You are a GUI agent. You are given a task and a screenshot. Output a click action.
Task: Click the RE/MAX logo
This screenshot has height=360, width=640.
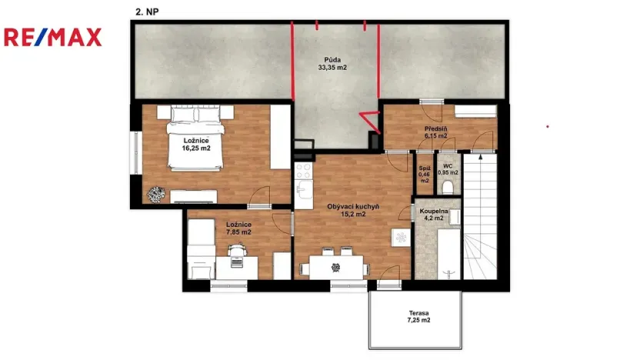coord(52,37)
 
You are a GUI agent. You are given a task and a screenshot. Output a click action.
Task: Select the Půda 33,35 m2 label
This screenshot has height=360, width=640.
coord(332,63)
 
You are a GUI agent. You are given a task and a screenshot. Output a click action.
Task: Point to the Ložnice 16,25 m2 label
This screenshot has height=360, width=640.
coord(196,145)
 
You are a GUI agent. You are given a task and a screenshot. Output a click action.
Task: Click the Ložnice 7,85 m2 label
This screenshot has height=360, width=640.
coord(239,230)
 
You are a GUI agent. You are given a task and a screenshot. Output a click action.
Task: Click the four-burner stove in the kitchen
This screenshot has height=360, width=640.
coord(303,170)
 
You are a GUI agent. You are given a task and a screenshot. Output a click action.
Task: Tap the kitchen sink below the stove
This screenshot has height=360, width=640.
coord(303,189)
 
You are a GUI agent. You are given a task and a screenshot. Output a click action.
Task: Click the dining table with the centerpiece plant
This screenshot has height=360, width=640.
coord(335,267)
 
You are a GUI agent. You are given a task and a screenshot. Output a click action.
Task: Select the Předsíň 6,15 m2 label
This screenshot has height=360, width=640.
coord(435,133)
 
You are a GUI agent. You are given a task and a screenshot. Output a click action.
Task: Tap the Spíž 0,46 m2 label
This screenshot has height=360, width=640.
coord(424,174)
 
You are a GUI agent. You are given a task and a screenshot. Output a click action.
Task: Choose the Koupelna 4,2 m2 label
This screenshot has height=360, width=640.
coord(435,213)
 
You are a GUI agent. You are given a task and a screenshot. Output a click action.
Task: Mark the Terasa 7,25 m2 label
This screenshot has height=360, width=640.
coord(418,317)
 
